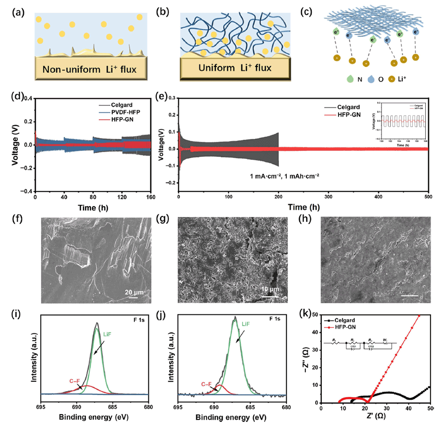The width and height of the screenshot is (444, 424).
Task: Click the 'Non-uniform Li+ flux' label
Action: pyautogui.click(x=91, y=70)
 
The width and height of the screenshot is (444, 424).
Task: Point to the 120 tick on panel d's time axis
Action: pyautogui.click(x=123, y=198)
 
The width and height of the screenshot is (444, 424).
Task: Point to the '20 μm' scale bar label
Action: pyautogui.click(x=133, y=292)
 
